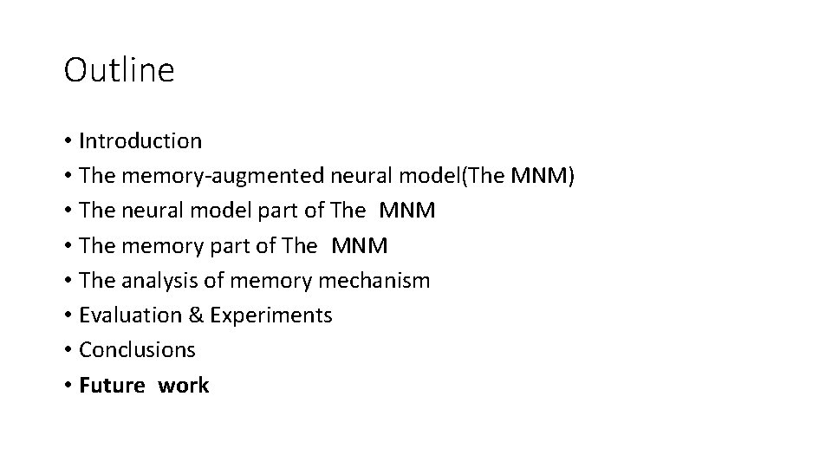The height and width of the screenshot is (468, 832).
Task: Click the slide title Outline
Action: coord(119,70)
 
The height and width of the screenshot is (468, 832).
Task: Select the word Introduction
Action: coord(140,140)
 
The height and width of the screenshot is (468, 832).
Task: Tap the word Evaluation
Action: coord(129,315)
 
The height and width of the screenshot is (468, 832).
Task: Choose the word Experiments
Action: coord(270,315)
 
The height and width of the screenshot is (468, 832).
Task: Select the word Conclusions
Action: coord(137,350)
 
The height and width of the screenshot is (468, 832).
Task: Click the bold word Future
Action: coord(112,386)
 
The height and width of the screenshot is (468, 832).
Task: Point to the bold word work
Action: coord(183,386)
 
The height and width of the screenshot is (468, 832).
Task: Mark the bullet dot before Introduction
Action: coord(67,141)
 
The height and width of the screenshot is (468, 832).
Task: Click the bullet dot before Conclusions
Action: coord(67,351)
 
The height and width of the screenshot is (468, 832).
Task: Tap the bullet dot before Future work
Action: coord(67,387)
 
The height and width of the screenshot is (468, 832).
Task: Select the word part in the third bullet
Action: coord(240,211)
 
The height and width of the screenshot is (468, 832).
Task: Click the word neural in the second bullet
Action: coord(363,176)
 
